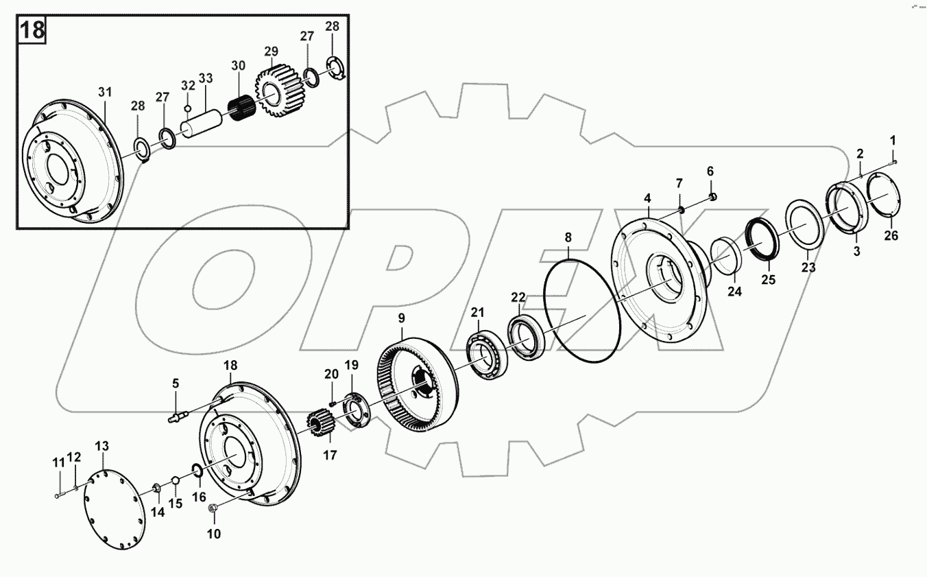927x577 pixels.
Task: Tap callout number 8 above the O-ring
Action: (568, 237)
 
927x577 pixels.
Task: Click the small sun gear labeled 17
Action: (320, 427)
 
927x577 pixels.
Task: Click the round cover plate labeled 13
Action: (114, 510)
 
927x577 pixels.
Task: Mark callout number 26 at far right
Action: (891, 237)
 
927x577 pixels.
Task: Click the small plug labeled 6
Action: (712, 197)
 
